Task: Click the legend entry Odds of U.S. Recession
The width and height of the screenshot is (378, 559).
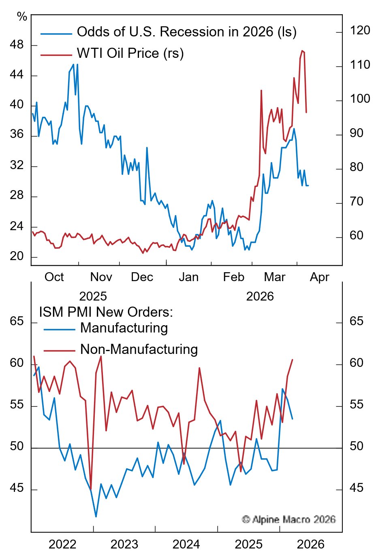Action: tap(186, 32)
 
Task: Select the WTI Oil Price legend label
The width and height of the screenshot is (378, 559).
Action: tap(130, 53)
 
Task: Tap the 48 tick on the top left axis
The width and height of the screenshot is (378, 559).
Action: tap(17, 45)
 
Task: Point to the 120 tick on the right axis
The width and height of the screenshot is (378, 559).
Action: tap(360, 31)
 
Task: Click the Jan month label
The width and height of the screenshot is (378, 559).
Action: tap(189, 277)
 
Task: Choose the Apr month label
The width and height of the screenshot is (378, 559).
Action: tap(319, 277)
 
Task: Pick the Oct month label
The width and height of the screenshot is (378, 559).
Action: tap(54, 277)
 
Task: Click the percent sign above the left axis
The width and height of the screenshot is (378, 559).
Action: tap(22, 17)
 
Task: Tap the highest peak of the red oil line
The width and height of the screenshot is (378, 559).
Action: tap(302, 51)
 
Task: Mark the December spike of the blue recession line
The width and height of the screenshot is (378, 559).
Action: tap(147, 148)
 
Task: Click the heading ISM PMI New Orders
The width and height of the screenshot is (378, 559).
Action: tap(106, 312)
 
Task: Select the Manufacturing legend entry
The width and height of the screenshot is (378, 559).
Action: tap(124, 328)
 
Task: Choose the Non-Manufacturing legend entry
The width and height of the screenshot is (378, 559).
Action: tap(139, 349)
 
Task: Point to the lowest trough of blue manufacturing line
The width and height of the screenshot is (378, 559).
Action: tap(96, 517)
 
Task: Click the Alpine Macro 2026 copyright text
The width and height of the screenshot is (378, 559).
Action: tap(288, 519)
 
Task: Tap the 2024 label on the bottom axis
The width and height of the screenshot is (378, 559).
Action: tap(186, 544)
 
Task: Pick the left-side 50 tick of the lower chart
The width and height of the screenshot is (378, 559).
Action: tap(17, 447)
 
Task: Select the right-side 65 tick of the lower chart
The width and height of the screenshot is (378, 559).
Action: tap(357, 322)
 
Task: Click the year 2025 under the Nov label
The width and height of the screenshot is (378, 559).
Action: tap(93, 296)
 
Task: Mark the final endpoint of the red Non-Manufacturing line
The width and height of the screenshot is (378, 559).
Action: tap(293, 360)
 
